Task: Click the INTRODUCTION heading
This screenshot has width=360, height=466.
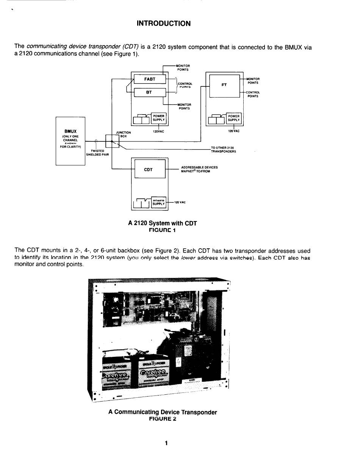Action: pos(164,24)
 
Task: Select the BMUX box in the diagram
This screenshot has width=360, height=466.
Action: pos(70,141)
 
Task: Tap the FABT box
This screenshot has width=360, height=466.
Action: pos(150,79)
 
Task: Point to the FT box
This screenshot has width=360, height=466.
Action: pos(224,85)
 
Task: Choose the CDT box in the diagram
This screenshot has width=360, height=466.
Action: pos(148,169)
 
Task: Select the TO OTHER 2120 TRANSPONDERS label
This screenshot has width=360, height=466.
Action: pos(223,149)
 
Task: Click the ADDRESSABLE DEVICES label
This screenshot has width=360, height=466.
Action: pos(199,167)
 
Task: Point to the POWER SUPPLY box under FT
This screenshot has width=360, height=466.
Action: pos(234,118)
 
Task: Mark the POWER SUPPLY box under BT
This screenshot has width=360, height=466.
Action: pos(158,118)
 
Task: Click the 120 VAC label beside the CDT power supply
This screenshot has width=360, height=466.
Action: pos(180,202)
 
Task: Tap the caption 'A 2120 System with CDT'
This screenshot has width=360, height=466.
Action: pos(163,223)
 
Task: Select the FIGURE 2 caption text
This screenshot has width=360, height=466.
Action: pos(163,419)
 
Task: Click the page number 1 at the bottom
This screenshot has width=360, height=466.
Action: pos(166,443)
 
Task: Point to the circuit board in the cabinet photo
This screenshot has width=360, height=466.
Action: pos(152,307)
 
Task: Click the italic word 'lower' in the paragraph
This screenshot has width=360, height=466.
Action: pos(190,257)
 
